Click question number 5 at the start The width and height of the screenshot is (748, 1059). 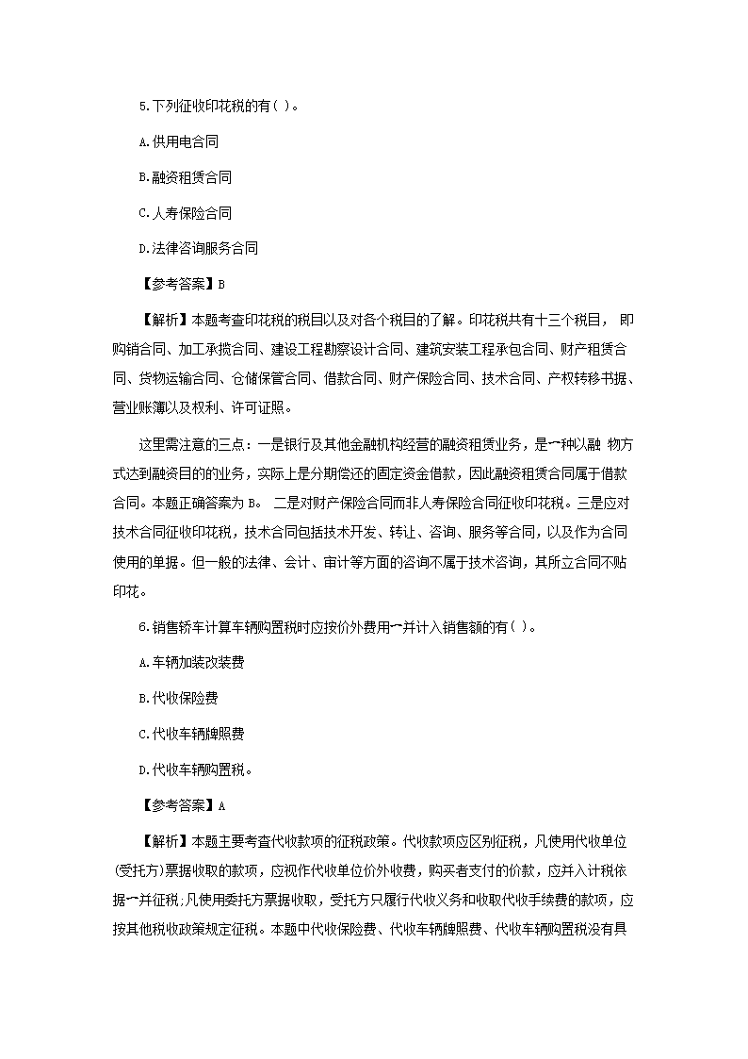click(141, 106)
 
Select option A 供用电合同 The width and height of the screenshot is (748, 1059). click(178, 141)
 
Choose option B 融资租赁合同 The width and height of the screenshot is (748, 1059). click(185, 177)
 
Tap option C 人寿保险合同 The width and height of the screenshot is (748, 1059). click(185, 213)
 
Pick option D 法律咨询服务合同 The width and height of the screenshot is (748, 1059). click(198, 249)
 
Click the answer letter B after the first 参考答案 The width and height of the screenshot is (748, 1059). click(221, 284)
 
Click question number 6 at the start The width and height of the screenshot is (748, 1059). click(141, 629)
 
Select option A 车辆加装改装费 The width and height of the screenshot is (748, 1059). click(191, 663)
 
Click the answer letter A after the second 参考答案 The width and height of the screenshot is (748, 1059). click(221, 805)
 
